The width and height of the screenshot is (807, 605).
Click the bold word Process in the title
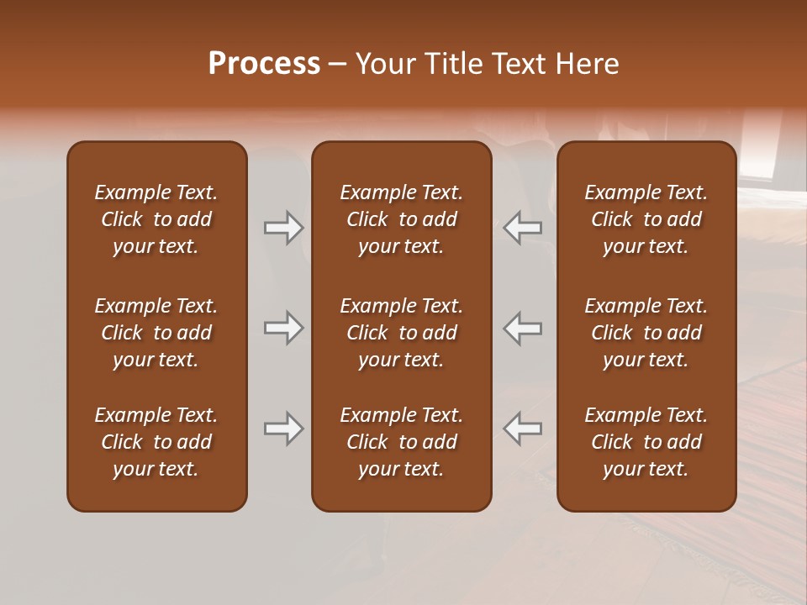(x=264, y=64)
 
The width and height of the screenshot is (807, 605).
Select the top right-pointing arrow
(x=283, y=228)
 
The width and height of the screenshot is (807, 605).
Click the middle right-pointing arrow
(x=283, y=328)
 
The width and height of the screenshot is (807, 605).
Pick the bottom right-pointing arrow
(x=283, y=429)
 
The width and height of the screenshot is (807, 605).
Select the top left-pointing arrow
(x=523, y=228)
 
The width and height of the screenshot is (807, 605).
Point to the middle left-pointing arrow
(x=523, y=328)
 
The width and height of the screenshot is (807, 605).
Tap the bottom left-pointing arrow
(x=523, y=429)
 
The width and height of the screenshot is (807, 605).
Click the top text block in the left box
(x=156, y=219)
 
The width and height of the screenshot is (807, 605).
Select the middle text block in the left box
(x=156, y=333)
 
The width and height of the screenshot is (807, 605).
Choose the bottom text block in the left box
(x=156, y=442)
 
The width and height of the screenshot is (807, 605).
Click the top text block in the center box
(x=402, y=219)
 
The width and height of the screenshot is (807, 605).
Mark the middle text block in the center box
(x=402, y=333)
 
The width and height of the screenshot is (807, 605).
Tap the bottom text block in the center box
(x=402, y=442)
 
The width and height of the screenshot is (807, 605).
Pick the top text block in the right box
(x=646, y=219)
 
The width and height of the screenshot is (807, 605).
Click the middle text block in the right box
(x=646, y=333)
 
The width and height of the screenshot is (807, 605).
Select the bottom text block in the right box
(x=646, y=442)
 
